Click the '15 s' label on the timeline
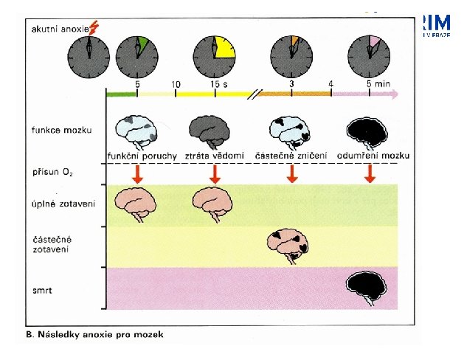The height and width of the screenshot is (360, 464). tap(218, 85)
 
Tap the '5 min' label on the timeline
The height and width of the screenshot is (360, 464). tap(378, 85)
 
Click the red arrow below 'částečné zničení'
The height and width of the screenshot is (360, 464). tap(292, 174)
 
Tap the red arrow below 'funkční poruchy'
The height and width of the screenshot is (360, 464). tap(138, 174)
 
